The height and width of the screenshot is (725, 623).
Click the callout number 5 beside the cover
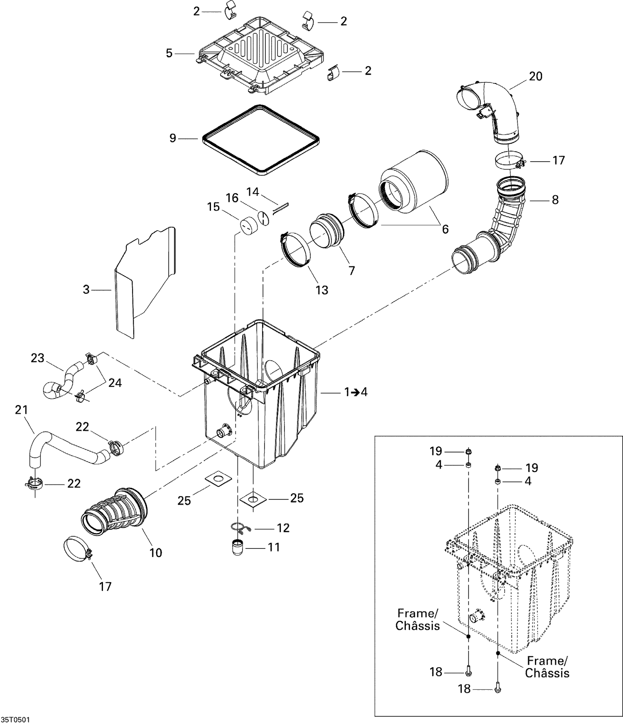click(169, 54)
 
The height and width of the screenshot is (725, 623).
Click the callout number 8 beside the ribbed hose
click(555, 200)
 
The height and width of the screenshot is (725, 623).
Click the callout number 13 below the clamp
click(322, 290)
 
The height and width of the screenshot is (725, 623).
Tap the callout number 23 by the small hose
click(37, 358)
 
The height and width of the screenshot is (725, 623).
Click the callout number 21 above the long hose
click(21, 410)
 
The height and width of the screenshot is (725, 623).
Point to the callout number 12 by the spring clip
click(283, 528)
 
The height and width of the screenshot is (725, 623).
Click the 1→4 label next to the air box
click(356, 392)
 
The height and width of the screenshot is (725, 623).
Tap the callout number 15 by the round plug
click(213, 206)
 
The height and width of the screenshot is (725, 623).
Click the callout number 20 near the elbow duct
click(536, 76)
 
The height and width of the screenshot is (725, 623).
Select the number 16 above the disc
click(232, 198)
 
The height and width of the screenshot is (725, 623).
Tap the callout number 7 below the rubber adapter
click(352, 270)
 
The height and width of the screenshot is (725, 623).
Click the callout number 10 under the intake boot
click(156, 553)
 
